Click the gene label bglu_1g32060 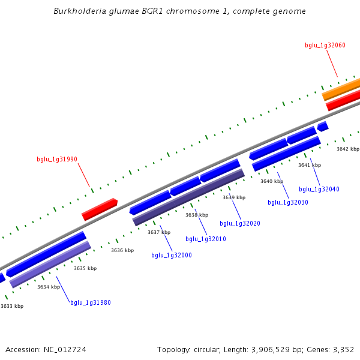pyautogui.click(x=325, y=45)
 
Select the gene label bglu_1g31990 pyautogui.click(x=57, y=159)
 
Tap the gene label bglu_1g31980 pyautogui.click(x=91, y=302)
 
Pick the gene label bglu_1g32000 pyautogui.click(x=172, y=255)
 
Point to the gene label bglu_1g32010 pyautogui.click(x=206, y=239)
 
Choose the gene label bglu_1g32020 pyautogui.click(x=240, y=223)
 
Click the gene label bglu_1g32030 pyautogui.click(x=288, y=202)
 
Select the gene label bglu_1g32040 pyautogui.click(x=319, y=189)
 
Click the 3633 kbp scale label pyautogui.click(x=12, y=306)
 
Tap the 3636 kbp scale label pyautogui.click(x=122, y=250)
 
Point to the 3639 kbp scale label pyautogui.click(x=234, y=197)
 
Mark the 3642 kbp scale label pyautogui.click(x=348, y=149)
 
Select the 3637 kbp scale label pyautogui.click(x=159, y=232)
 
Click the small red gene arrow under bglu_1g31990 pyautogui.click(x=100, y=209)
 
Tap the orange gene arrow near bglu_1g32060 pyautogui.click(x=341, y=89)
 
